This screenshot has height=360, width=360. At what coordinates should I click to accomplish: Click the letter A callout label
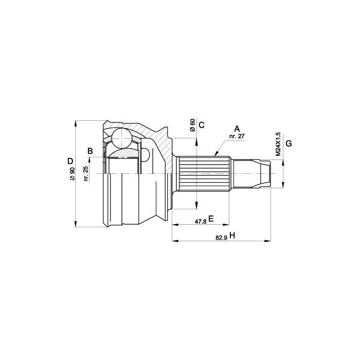pyautogui.click(x=237, y=129)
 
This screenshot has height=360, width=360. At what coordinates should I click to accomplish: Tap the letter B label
pyautogui.click(x=90, y=151)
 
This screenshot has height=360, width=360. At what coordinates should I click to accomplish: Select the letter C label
pyautogui.click(x=202, y=125)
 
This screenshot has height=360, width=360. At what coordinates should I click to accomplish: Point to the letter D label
pyautogui.click(x=70, y=161)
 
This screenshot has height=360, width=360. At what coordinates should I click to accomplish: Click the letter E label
pyautogui.click(x=211, y=219)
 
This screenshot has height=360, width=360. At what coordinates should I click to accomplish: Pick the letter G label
pyautogui.click(x=289, y=143)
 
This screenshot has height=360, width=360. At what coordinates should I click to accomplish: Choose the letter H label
pyautogui.click(x=232, y=236)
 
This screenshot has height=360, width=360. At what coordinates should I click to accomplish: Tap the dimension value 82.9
pyautogui.click(x=221, y=238)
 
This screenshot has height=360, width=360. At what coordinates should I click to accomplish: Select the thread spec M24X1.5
pyautogui.click(x=278, y=144)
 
